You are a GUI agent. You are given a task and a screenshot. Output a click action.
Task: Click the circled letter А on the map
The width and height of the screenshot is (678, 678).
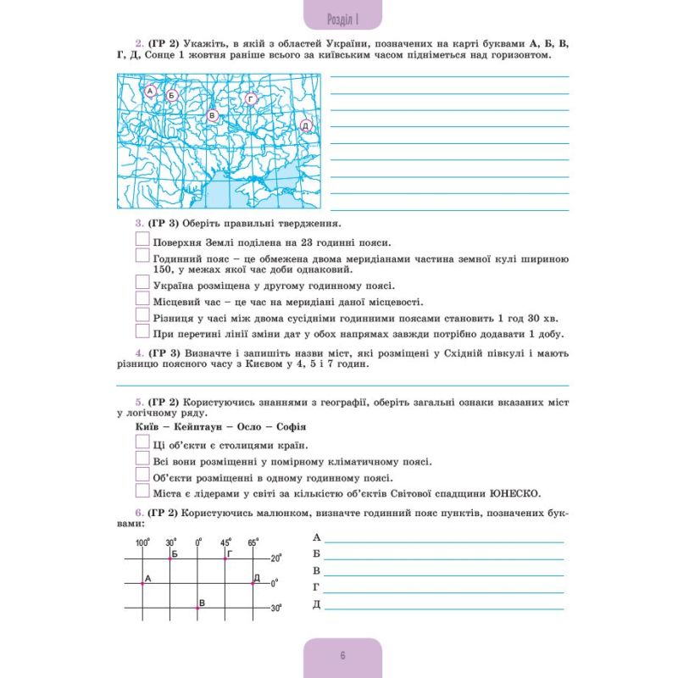click(150, 91)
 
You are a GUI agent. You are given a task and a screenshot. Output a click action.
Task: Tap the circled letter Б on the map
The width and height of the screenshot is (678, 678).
click(171, 96)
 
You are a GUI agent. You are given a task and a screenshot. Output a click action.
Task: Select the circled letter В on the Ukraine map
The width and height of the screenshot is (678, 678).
click(213, 115)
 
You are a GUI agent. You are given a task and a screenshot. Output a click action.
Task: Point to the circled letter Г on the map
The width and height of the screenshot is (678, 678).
click(251, 100)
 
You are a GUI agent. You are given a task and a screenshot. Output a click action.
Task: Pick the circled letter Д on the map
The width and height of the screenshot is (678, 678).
click(306, 125)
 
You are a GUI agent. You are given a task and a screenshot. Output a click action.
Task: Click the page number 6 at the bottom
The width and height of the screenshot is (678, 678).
click(342, 654)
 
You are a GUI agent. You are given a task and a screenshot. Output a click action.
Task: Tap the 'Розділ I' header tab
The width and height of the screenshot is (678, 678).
click(342, 19)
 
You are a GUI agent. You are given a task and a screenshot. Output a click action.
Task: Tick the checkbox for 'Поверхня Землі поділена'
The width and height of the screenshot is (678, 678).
click(142, 240)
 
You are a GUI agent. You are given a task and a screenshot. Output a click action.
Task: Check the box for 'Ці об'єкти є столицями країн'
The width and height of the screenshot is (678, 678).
click(142, 444)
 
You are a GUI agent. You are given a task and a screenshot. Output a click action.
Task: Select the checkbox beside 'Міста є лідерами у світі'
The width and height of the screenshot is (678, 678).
click(142, 492)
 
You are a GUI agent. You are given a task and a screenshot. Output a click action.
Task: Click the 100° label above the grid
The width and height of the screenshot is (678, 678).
click(142, 542)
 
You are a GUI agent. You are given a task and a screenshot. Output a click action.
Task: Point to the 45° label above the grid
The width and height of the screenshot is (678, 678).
click(225, 542)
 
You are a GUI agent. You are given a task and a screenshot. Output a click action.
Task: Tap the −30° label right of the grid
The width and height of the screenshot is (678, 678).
click(275, 609)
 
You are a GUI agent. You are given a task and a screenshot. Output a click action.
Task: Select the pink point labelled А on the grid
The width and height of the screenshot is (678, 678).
click(142, 583)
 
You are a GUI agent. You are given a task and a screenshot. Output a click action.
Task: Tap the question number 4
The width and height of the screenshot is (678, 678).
click(138, 353)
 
